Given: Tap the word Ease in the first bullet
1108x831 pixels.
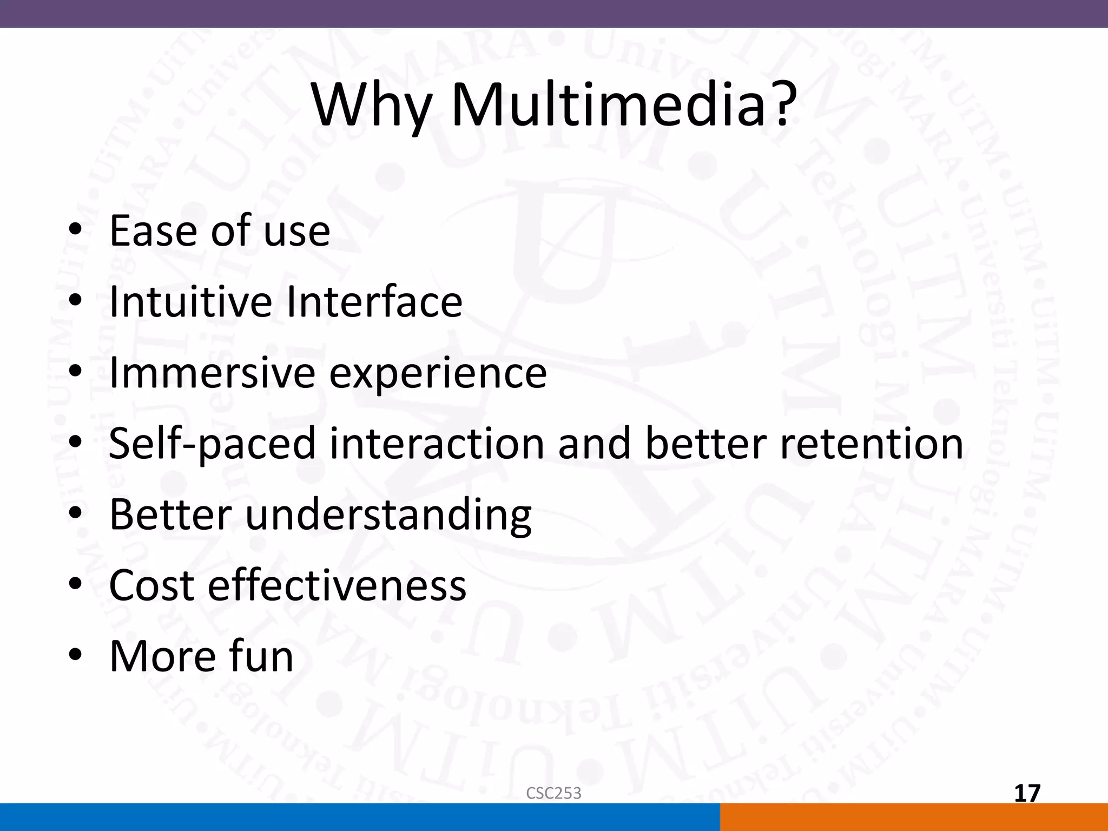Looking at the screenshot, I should click(x=153, y=231).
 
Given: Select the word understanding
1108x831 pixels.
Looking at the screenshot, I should click(x=388, y=515).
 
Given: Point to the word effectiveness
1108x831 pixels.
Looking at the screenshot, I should click(x=337, y=585).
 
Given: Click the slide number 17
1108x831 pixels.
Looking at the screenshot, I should click(x=1027, y=794).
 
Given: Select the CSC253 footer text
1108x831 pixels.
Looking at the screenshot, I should click(x=553, y=793).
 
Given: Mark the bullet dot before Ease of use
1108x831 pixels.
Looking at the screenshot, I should click(x=75, y=231).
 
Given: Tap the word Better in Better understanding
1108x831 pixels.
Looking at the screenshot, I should click(x=170, y=515).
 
